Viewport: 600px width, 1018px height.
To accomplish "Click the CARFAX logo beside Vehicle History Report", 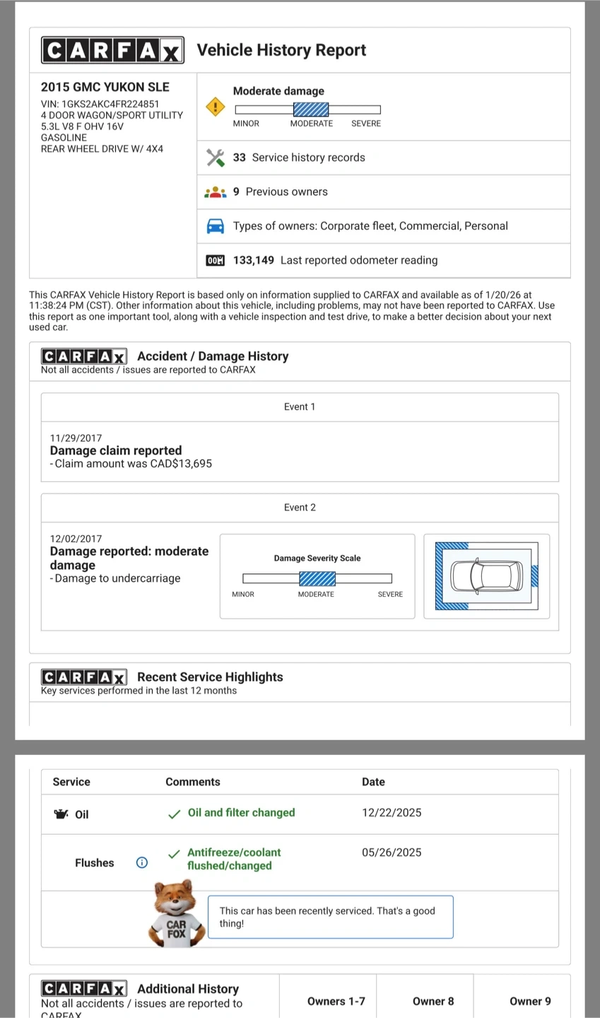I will (113, 50).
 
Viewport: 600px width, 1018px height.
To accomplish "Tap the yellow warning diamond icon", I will (215, 107).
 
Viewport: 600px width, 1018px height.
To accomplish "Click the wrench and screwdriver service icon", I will (215, 158).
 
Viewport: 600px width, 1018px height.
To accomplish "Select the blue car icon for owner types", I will (215, 226).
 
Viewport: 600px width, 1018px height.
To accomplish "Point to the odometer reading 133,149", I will (254, 260).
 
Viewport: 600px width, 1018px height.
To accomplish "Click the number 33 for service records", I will (240, 158).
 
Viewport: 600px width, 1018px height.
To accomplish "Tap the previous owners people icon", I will (215, 192).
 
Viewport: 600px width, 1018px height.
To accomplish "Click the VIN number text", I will (100, 104).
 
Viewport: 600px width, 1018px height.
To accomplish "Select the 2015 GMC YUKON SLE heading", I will (105, 87).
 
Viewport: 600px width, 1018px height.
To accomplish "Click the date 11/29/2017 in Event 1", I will (76, 438).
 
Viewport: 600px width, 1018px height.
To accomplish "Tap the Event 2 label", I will (300, 508).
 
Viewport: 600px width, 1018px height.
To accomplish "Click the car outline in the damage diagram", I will (487, 575).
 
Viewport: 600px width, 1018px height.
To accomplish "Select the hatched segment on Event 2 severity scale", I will (317, 579).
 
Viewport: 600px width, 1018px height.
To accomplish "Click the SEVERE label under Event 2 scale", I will (390, 595).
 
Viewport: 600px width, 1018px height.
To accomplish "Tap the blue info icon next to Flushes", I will (142, 862).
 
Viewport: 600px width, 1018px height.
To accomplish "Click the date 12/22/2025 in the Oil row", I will (392, 813).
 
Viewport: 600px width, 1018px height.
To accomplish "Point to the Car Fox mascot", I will (176, 913).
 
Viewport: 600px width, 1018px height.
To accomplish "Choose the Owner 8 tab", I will (433, 1001).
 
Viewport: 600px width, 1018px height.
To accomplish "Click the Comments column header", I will (193, 782).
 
